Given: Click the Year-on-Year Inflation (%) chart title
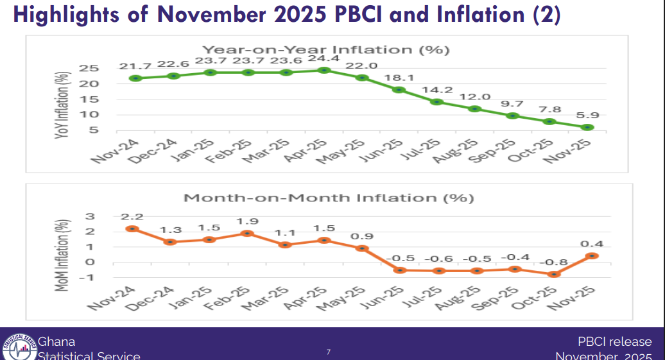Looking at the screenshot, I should tap(325, 50).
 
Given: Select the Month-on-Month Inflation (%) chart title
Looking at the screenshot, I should tap(329, 198).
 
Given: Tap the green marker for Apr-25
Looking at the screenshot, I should tap(324, 70).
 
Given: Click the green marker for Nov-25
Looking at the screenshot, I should tap(589, 127).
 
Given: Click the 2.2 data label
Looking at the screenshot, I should tap(132, 216).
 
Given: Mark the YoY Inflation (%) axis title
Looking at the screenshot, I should tap(62, 103).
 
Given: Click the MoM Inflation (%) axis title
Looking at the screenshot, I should tap(62, 255).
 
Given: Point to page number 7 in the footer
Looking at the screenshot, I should tap(328, 352).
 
